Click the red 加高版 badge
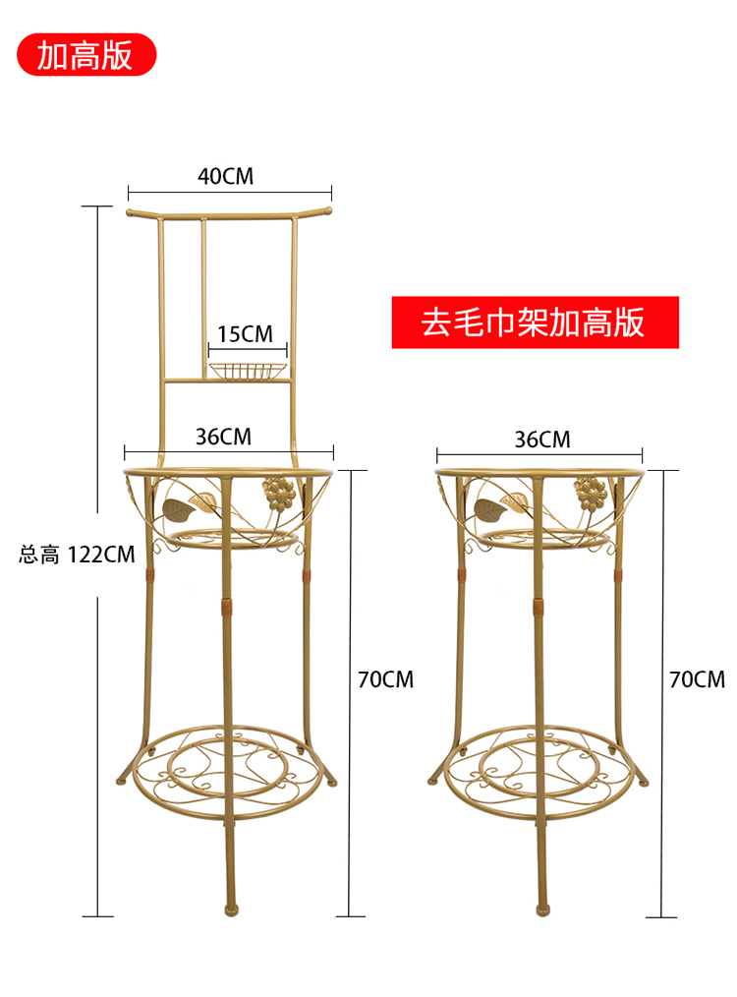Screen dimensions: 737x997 coord(86,55)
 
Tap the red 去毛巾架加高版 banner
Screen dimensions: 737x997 coord(535,323)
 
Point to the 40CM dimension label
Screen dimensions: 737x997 coord(226,176)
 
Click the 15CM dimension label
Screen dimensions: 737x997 coord(245,334)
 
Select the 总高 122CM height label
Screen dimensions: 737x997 coord(77,555)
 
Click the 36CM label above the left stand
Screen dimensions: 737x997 coord(224,437)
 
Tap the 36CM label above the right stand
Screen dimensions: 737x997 coord(542,440)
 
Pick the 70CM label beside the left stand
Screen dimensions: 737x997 coord(385,679)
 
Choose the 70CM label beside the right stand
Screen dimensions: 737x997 coord(697,679)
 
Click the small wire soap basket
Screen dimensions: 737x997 coord(248,371)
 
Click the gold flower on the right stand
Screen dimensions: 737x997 coord(591,494)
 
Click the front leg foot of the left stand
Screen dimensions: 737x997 coord(231,909)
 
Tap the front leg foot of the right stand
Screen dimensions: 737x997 coord(542,909)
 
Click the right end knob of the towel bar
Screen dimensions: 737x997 coord(328,209)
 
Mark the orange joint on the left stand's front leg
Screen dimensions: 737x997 coord(227,608)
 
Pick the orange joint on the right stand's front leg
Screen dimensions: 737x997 coord(539,608)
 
